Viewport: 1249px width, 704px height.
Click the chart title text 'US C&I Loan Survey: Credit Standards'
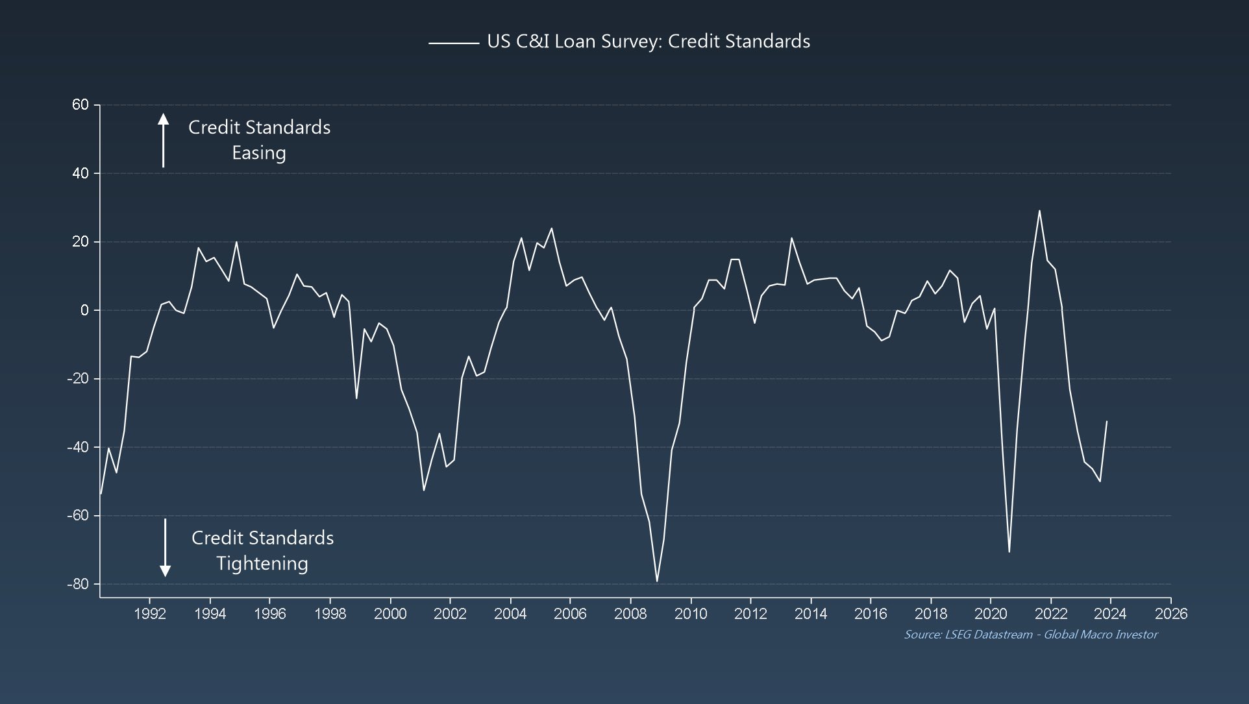(x=648, y=42)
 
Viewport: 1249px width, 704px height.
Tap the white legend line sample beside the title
(x=453, y=43)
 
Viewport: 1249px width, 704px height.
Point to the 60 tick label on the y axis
(x=80, y=105)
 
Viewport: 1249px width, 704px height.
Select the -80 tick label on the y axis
(x=77, y=584)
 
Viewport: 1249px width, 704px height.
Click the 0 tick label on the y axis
(x=84, y=310)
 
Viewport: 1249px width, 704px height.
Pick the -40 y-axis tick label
(x=77, y=447)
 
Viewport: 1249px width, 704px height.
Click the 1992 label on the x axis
(x=150, y=614)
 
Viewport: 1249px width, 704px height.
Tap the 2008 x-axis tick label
(x=630, y=614)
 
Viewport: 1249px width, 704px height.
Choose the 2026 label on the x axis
(x=1170, y=614)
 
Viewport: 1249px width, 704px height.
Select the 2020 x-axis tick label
(x=991, y=614)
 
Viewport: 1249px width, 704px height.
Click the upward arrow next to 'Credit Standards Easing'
(x=163, y=140)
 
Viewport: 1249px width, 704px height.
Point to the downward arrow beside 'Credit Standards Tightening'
(x=165, y=548)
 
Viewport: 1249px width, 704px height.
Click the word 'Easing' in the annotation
(x=259, y=153)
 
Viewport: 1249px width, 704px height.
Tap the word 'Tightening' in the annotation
(x=262, y=563)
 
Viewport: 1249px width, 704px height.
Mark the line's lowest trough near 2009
(x=657, y=581)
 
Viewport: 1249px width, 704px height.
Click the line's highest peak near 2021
(x=1039, y=210)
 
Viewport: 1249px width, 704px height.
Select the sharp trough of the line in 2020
(x=1009, y=552)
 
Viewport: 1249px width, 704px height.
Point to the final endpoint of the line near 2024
(x=1107, y=421)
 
